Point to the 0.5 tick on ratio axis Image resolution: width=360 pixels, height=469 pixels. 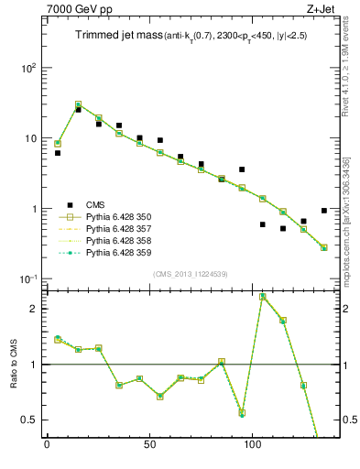pyautogui.click(x=27, y=420)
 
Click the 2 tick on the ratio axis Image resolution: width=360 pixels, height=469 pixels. pyautogui.click(x=31, y=309)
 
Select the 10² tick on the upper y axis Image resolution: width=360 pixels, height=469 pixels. pyautogui.click(x=26, y=68)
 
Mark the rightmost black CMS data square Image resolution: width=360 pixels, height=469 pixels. pyautogui.click(x=324, y=211)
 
